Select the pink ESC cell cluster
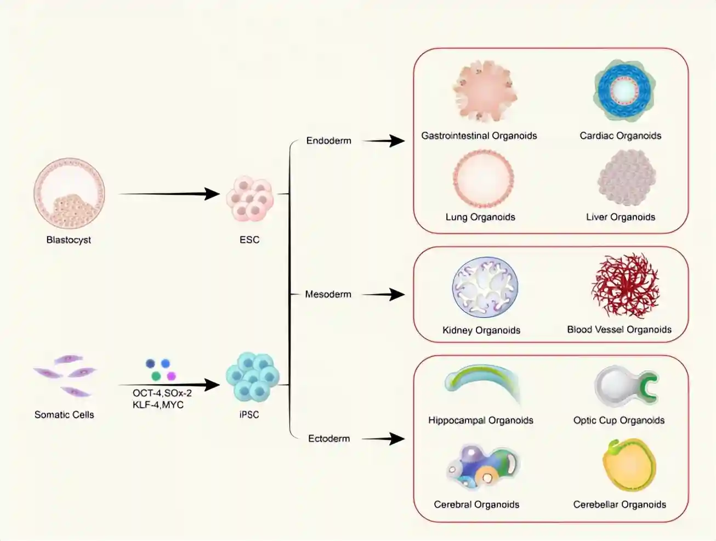pos(250,198)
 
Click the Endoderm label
pos(328,140)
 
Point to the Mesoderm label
pos(328,294)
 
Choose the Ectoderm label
pos(328,438)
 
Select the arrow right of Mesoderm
pos(383,295)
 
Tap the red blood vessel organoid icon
pos(625,286)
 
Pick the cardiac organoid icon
pos(624,90)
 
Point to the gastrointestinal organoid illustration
pos(484,91)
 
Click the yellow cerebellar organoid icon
pos(629,465)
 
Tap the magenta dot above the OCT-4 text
pos(171,376)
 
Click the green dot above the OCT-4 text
pos(156,376)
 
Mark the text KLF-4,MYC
pos(158,405)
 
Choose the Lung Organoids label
pos(480,217)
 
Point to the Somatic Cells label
pos(64,415)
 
